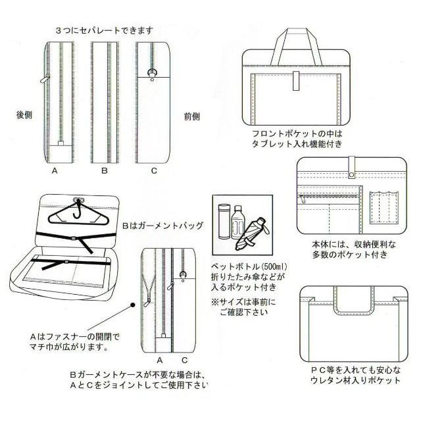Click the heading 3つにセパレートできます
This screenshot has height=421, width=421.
[105, 30]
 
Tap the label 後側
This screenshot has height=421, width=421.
[24, 114]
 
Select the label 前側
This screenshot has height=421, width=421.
[191, 116]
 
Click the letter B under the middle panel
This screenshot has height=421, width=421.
[104, 171]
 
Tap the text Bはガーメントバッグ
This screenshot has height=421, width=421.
[162, 225]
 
